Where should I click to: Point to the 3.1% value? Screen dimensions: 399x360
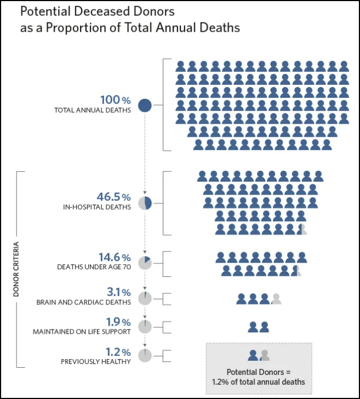118,292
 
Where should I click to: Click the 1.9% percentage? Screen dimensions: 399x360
118,322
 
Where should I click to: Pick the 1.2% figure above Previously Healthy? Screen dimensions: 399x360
118,352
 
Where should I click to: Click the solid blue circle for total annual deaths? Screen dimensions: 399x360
145,105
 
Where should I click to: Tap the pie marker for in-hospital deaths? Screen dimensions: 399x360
145,203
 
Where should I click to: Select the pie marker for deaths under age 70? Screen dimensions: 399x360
145,263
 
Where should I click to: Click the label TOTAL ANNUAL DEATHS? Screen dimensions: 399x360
93,111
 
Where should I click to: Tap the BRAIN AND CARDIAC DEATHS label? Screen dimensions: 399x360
83,302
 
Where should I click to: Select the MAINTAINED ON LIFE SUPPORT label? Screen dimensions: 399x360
82,332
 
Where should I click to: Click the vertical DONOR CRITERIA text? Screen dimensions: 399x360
16,269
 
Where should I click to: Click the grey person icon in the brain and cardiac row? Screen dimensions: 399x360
276,299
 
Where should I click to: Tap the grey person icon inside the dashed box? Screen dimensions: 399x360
265,355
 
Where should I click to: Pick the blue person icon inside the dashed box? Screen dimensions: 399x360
253,355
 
